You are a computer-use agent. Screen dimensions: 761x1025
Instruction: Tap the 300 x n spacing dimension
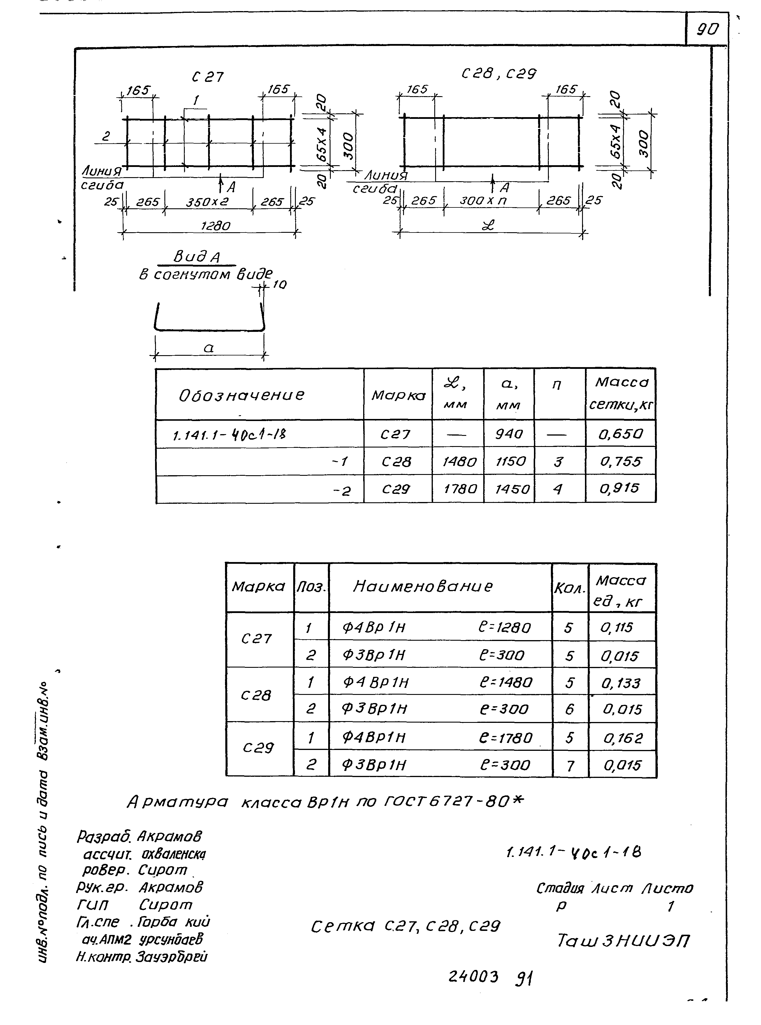coord(483,201)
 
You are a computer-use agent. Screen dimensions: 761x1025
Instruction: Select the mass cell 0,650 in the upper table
coord(620,434)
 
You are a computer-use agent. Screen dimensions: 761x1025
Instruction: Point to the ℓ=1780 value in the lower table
coord(505,738)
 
